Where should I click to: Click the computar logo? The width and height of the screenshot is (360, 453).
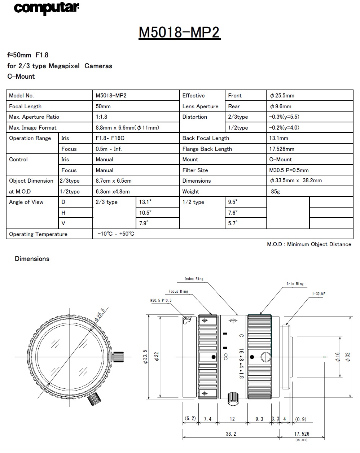point(47,8)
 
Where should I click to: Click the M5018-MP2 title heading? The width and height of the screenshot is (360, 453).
point(179,32)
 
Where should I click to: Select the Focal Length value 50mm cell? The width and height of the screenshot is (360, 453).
point(103,106)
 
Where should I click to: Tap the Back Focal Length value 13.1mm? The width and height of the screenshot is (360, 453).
point(278,138)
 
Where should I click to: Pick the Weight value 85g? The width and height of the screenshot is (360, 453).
point(275,192)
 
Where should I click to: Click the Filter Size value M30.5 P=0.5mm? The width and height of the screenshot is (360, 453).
point(289,170)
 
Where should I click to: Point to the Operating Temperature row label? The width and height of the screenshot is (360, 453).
point(38,234)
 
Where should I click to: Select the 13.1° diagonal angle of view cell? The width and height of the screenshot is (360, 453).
point(146,202)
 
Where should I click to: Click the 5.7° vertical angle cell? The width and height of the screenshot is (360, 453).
point(233,223)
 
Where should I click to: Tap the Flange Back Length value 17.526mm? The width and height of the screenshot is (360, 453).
point(282,149)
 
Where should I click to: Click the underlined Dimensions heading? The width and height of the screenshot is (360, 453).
point(32,259)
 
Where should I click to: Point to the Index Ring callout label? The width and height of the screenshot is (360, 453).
point(194,279)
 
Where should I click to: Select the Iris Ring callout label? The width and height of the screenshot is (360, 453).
point(295,284)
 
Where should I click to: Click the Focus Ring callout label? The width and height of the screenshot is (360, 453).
point(178,291)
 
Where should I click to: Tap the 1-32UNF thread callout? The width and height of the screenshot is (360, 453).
point(319,294)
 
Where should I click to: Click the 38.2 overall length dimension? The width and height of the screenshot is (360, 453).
point(231,434)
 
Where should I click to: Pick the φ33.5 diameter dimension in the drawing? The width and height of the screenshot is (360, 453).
point(145,357)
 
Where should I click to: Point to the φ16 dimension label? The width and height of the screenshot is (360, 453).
point(338,357)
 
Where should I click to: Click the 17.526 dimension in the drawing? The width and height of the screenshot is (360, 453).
point(302,434)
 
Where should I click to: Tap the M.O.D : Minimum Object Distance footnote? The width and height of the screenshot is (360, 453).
point(309,244)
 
